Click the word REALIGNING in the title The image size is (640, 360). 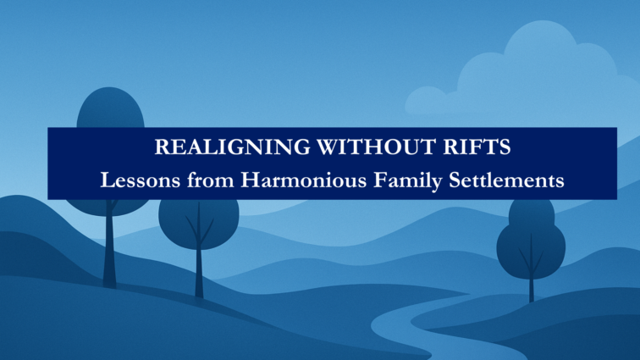click(232, 147)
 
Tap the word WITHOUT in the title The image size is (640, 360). click(377, 147)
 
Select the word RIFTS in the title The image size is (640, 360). click(477, 147)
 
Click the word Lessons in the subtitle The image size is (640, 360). click(140, 180)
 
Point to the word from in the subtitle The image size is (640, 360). click(211, 180)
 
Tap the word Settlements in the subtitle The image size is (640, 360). click(506, 180)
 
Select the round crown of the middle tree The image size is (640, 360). click(199, 224)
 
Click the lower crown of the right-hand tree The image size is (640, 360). click(531, 249)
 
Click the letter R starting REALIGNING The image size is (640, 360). click(162, 147)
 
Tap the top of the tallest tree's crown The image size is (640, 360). click(110, 88)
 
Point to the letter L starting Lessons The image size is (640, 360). click(107, 180)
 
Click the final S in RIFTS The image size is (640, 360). click(505, 147)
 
